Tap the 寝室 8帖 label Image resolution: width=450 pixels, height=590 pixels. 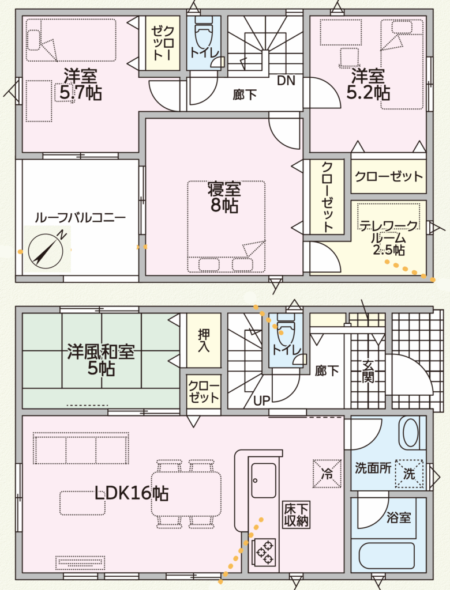[x=224, y=197]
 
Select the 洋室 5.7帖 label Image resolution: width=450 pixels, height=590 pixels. [x=80, y=84]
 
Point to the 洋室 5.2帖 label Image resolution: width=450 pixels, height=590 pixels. [x=368, y=84]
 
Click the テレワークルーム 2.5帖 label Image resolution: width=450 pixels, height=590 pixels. [x=388, y=238]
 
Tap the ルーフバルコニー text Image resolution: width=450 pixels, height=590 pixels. [x=80, y=217]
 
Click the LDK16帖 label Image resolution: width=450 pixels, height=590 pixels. [x=131, y=493]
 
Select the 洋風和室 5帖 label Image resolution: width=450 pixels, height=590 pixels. [x=101, y=360]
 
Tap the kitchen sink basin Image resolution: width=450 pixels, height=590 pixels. [x=264, y=481]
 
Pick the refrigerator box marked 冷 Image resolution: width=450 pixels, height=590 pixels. [x=327, y=474]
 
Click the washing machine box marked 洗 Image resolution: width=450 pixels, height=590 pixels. [x=409, y=474]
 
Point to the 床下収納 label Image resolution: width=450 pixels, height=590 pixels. [x=297, y=515]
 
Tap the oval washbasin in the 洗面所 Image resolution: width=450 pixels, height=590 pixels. [x=411, y=433]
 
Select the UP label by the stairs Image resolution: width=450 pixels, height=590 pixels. [x=261, y=401]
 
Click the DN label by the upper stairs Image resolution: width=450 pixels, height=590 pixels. [x=286, y=81]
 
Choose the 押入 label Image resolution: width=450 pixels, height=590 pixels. [x=204, y=340]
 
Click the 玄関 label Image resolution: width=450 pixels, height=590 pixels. [x=368, y=371]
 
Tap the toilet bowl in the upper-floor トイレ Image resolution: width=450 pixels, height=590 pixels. [x=204, y=35]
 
